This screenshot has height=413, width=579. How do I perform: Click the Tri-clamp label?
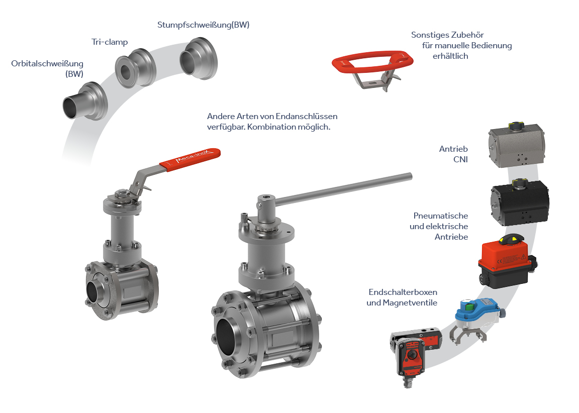110,42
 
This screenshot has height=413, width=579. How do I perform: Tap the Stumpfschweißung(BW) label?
204,25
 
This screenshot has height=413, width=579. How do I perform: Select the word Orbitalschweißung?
47,63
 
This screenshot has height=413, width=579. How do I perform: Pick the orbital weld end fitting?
85,101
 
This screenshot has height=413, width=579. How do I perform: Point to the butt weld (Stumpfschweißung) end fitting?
199,58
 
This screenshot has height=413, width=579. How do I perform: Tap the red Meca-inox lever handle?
190,159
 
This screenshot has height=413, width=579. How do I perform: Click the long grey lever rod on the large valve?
343,189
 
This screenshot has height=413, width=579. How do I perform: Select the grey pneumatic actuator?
517,145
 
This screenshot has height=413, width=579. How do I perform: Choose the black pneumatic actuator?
520,202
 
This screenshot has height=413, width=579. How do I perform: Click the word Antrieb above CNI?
453,149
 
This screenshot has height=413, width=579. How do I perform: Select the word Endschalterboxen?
403,292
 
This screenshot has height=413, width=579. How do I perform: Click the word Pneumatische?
440,216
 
